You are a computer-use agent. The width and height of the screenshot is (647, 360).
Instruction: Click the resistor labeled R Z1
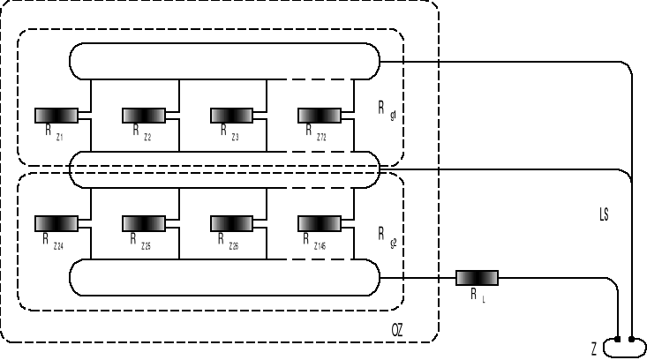[56, 115]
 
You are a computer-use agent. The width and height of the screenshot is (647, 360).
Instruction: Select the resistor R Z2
[144, 115]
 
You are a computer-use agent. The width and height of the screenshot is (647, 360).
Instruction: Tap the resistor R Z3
[231, 115]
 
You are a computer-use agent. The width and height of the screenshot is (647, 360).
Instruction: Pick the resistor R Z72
[320, 115]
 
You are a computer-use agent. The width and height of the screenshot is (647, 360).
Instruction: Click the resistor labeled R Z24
[56, 222]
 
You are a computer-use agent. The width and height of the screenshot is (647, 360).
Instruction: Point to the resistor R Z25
[144, 222]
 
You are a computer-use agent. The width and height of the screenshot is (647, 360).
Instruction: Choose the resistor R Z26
[231, 222]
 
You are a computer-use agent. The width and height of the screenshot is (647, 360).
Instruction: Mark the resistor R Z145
[320, 222]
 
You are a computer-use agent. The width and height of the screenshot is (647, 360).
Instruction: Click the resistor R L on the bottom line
[477, 278]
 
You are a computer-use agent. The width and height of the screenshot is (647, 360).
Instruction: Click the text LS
[603, 214]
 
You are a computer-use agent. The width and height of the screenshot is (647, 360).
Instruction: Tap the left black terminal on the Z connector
[619, 339]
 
